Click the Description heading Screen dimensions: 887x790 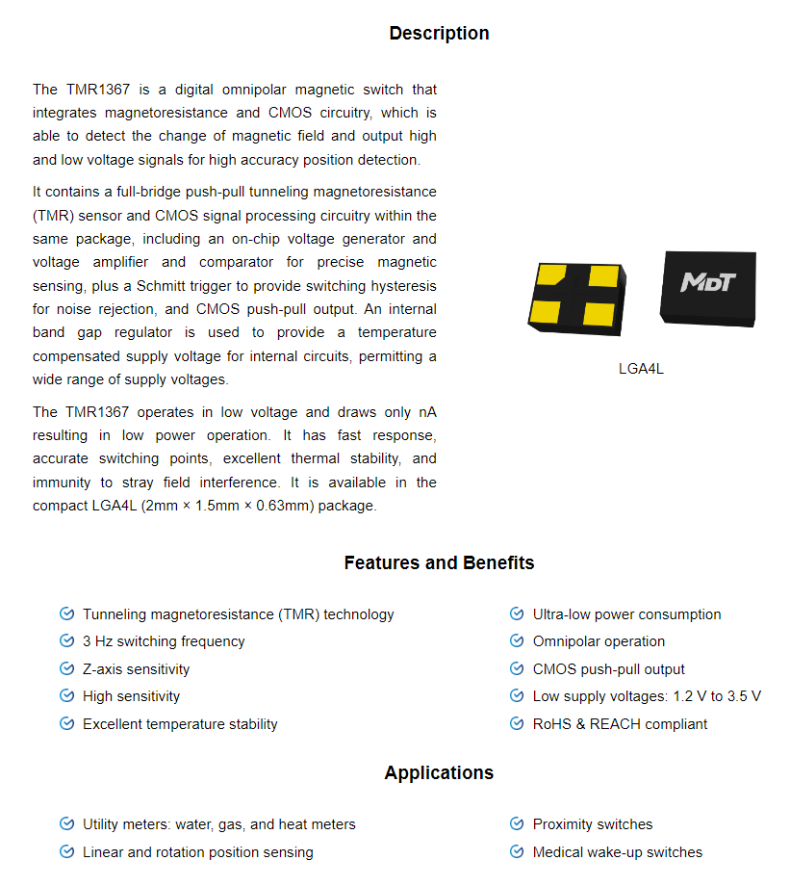(x=439, y=34)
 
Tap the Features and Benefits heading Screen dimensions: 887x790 (x=439, y=563)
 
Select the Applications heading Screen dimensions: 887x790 (x=439, y=773)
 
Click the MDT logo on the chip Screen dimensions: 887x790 (x=708, y=281)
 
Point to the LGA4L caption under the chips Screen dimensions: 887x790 (x=641, y=369)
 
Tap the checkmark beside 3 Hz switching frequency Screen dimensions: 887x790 (x=66, y=641)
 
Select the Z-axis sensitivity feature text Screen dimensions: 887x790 (x=136, y=669)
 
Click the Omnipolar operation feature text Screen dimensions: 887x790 (x=599, y=641)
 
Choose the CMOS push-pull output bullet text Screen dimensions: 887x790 (x=608, y=669)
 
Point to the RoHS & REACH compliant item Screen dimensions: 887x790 (x=620, y=724)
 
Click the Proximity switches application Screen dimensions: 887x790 (x=593, y=824)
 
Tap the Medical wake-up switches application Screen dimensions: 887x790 (x=617, y=852)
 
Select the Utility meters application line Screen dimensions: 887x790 (x=218, y=824)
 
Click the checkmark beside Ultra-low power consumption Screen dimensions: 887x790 (x=517, y=614)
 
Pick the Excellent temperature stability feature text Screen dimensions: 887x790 (x=180, y=724)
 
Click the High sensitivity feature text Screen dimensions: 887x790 (x=131, y=696)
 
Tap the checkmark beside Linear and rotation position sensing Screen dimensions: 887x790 (x=66, y=852)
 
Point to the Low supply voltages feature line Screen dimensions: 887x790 (x=647, y=696)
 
